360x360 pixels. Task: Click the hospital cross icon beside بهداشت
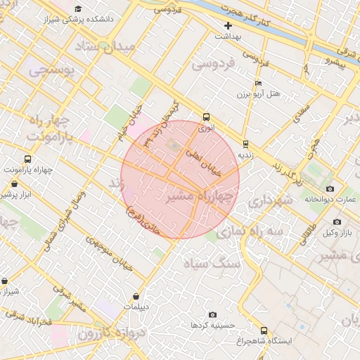tap(228, 25)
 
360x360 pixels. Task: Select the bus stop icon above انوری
tap(206, 117)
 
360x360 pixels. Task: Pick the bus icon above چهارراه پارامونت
tap(27, 160)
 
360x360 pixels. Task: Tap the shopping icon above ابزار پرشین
tap(14, 184)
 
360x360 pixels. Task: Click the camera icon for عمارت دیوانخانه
tap(330, 188)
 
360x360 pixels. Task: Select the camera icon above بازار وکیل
tap(337, 222)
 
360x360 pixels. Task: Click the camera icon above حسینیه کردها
tap(212, 315)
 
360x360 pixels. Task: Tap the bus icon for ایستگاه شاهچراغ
tap(264, 330)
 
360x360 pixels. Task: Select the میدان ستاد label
tap(107, 49)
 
